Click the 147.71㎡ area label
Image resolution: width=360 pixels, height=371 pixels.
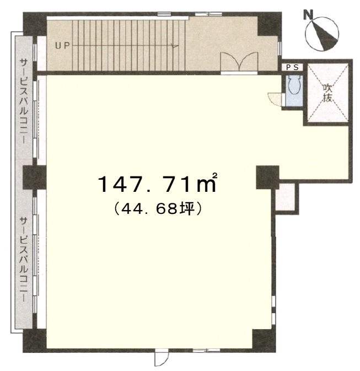(157, 183)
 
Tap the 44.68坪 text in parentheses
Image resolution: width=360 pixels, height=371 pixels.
(157, 209)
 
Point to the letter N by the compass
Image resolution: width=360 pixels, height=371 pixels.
(308, 15)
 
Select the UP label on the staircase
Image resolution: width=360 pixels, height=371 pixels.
(63, 45)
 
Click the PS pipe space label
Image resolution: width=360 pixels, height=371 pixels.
(293, 67)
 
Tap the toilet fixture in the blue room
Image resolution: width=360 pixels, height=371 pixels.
(294, 85)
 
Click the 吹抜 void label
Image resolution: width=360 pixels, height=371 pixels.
(327, 93)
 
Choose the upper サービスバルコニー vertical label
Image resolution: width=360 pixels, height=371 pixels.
(24, 101)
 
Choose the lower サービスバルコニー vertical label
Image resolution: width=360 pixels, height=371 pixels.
(24, 259)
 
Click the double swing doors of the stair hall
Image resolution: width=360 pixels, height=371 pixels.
(239, 61)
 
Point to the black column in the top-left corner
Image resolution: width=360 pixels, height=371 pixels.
(35, 24)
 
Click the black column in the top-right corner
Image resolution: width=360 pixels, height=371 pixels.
(270, 24)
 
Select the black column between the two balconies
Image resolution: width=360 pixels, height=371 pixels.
(35, 178)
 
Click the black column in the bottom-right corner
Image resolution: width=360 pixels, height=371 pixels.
(264, 340)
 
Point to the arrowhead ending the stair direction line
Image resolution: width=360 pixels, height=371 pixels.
(175, 46)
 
